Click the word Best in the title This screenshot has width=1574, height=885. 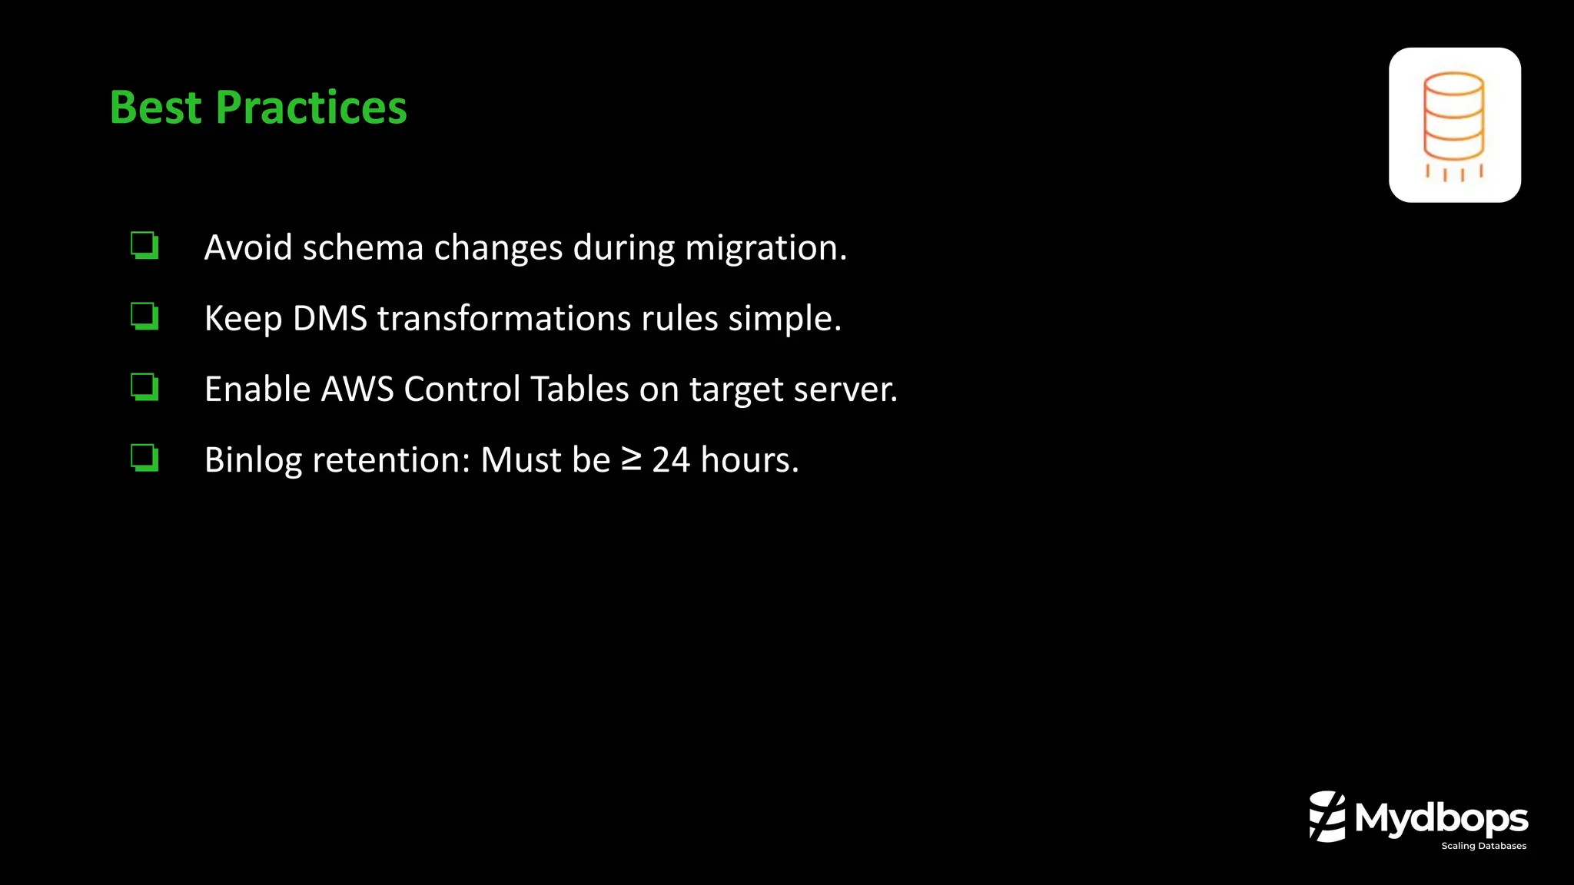[155, 108]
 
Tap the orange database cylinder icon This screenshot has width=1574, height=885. [1453, 123]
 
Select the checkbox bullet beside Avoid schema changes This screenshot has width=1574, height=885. [144, 246]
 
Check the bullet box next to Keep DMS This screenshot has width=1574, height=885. [144, 316]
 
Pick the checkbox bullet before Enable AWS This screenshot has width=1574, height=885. [144, 386]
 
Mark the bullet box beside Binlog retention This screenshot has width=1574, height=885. [144, 457]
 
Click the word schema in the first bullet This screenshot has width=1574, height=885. [363, 248]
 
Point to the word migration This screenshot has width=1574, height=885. [765, 248]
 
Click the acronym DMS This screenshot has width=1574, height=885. [330, 319]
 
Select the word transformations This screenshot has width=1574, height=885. [504, 319]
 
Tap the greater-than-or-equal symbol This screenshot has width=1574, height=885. [631, 459]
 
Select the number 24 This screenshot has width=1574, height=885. [671, 460]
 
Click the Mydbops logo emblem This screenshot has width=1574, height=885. [1327, 817]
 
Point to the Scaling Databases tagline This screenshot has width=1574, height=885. [1483, 846]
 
